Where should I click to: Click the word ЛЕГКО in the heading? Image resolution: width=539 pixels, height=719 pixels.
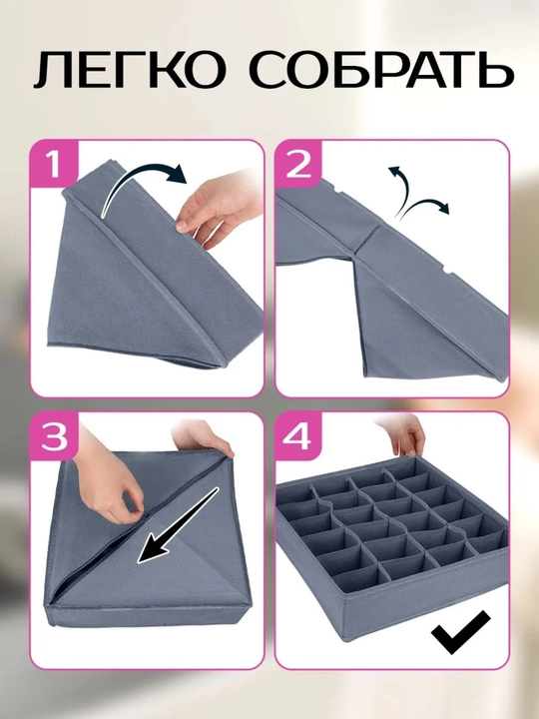click(x=130, y=69)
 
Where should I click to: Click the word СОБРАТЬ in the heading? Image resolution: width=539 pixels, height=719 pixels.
click(x=382, y=69)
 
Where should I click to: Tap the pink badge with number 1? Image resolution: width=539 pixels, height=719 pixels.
click(x=54, y=163)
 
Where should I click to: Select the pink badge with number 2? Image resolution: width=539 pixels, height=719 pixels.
click(x=298, y=163)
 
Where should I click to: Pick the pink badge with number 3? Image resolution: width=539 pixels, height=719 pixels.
click(x=54, y=435)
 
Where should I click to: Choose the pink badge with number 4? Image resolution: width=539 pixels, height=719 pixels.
click(x=298, y=435)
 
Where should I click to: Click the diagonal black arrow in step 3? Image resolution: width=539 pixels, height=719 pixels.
click(x=178, y=525)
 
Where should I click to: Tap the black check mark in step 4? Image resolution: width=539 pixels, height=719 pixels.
click(x=460, y=632)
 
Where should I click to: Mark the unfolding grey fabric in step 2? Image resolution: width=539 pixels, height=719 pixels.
click(x=389, y=285)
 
